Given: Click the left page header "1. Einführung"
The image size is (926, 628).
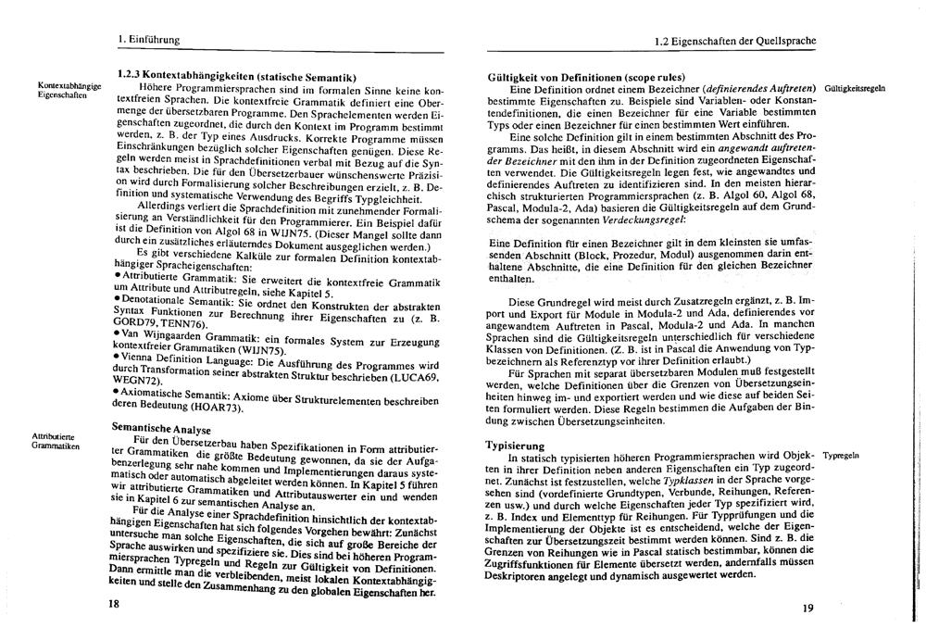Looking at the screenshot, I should click(x=147, y=39).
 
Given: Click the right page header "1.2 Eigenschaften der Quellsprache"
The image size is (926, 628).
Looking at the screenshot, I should click(x=732, y=40).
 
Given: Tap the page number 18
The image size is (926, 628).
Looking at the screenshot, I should click(x=114, y=603).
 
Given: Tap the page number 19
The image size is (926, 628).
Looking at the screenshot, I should click(x=807, y=608).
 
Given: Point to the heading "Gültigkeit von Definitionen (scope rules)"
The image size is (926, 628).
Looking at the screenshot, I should click(x=585, y=76).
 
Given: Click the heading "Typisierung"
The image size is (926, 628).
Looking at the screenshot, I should click(x=514, y=445).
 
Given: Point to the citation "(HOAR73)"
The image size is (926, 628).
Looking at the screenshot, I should click(x=219, y=408).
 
